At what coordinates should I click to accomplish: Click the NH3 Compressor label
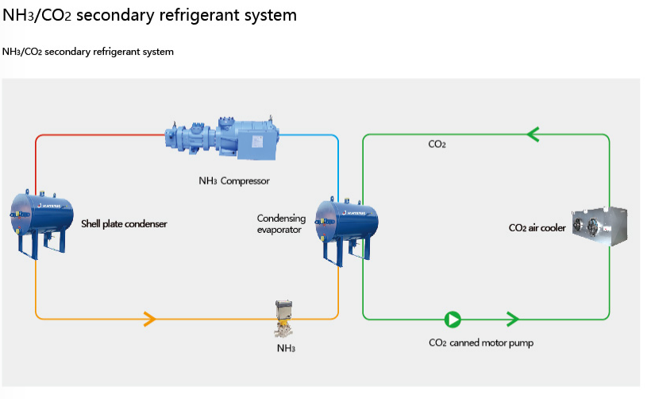click(x=234, y=181)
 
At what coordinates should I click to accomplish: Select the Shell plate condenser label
click(x=124, y=224)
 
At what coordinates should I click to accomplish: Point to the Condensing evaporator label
click(x=279, y=223)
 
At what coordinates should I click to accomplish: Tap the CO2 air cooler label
click(x=537, y=228)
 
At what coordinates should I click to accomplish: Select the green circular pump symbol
click(x=453, y=320)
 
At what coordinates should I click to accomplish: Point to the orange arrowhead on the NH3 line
click(x=148, y=320)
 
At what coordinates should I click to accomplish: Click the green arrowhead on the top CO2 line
click(x=533, y=135)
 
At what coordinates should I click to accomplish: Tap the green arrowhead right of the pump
click(x=513, y=320)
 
